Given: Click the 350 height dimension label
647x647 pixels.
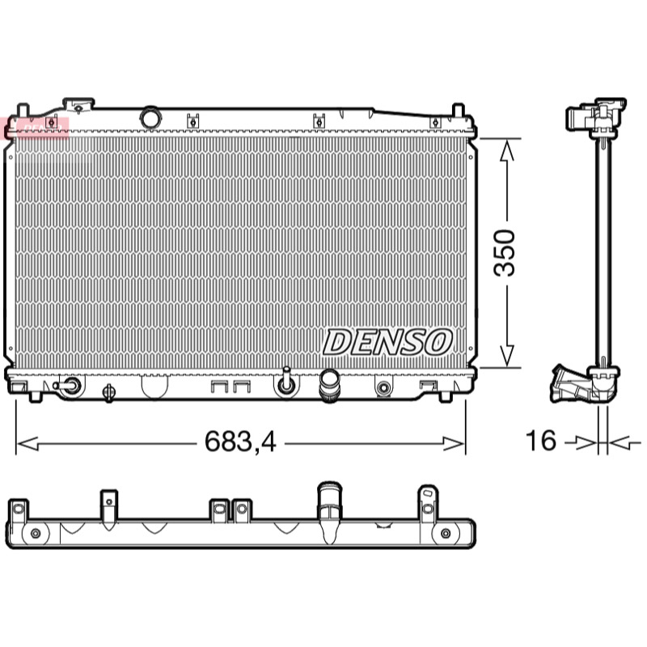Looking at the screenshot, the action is click(505, 252).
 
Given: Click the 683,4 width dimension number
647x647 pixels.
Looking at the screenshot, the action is click(240, 442).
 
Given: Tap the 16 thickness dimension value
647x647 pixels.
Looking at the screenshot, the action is click(540, 440).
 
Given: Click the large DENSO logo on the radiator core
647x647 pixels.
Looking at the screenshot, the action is click(387, 342).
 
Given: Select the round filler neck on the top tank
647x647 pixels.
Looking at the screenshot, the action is click(150, 117).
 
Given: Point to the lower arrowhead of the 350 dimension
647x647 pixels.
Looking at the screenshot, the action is click(507, 355).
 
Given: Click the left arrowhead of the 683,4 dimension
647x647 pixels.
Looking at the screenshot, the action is click(27, 444).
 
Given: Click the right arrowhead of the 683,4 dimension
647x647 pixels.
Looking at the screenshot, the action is click(454, 444).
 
